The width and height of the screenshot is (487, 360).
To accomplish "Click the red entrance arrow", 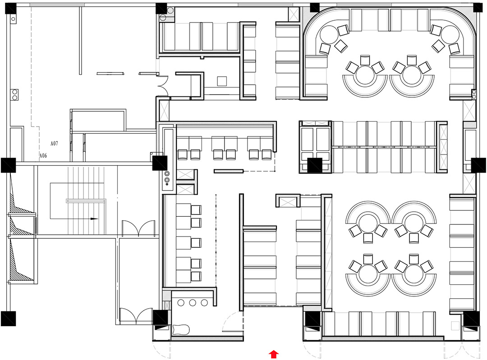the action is (x=274, y=354).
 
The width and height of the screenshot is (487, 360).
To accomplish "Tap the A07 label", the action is (x=54, y=143).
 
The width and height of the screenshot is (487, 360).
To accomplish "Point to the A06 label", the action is (x=43, y=155).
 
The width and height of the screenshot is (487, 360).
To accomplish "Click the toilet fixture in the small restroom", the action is (x=181, y=329).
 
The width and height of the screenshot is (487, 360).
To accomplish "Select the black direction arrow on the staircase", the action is (x=82, y=219).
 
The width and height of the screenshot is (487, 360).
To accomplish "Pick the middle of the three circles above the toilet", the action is (x=193, y=303).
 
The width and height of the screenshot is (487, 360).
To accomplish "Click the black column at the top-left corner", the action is (x=10, y=8).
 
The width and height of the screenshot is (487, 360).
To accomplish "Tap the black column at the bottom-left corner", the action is (x=9, y=319).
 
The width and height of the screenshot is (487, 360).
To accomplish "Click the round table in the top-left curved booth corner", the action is (x=329, y=35).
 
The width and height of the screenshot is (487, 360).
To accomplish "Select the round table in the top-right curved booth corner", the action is (x=450, y=35).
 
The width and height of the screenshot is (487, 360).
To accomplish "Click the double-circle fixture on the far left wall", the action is (x=14, y=95).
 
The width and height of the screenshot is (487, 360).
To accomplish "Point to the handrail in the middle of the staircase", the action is (x=86, y=201).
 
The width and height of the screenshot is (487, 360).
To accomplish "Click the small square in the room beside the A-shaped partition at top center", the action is (x=222, y=81).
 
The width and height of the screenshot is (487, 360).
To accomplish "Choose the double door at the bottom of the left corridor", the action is (x=136, y=316).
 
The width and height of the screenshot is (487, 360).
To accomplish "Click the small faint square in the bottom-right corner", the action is (x=455, y=326).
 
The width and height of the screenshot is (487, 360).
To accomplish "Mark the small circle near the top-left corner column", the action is (x=13, y=19).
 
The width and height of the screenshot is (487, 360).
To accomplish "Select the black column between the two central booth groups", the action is (x=315, y=165).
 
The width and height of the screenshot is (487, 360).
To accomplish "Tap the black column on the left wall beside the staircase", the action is (x=9, y=165).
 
